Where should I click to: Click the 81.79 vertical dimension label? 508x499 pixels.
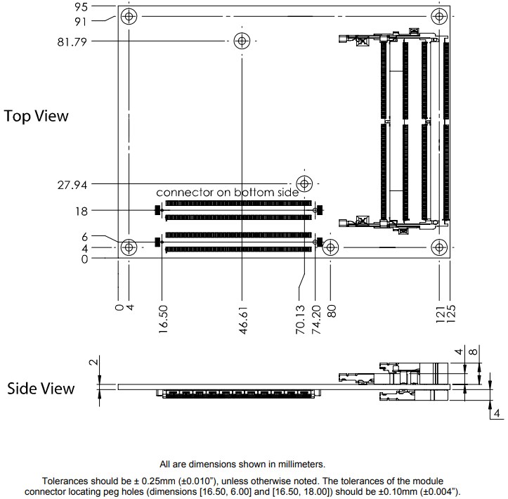coord(72,41)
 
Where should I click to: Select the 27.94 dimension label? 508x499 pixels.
coord(72,185)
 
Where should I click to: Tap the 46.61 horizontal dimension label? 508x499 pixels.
coord(243,320)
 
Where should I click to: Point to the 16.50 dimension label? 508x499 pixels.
coord(163,320)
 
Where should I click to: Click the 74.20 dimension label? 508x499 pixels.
coord(315,320)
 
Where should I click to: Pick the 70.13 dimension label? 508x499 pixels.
coord(300,320)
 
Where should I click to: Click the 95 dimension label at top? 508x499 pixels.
coord(81,7)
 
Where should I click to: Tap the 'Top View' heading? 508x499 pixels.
coord(37,116)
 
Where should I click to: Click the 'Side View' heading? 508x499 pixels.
coord(41,388)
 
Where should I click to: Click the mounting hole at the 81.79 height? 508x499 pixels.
coord(242,41)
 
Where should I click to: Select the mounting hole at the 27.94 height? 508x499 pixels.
coord(304,184)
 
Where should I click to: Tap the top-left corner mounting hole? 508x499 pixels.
coord(129,17)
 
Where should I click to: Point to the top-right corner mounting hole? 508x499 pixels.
coord(440,17)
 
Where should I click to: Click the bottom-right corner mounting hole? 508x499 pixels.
coord(440,247)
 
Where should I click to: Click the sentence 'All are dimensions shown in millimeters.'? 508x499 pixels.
coord(242,464)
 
